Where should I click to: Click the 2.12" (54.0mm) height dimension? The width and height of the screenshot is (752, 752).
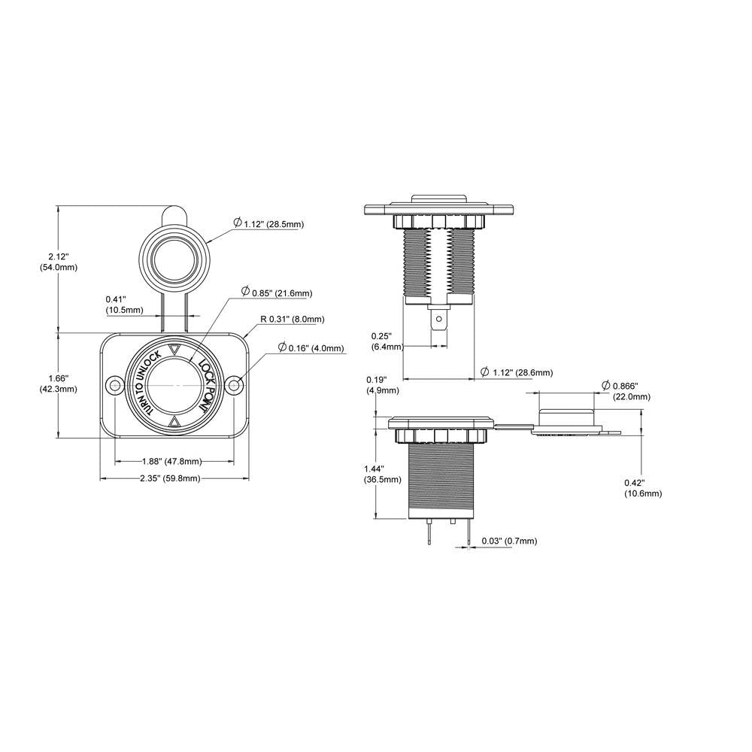click(x=58, y=262)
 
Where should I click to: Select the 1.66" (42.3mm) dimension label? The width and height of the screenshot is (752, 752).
click(x=58, y=384)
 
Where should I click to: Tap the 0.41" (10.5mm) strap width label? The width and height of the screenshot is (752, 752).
click(x=125, y=305)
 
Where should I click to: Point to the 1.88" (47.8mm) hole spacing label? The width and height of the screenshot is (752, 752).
click(x=171, y=462)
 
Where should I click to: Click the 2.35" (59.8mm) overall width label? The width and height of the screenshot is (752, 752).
click(x=170, y=478)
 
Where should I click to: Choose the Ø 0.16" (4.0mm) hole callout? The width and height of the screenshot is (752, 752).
click(x=311, y=347)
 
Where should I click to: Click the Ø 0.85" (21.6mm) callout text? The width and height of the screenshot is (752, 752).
click(x=276, y=293)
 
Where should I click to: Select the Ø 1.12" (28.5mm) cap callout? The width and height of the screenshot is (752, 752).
click(x=268, y=223)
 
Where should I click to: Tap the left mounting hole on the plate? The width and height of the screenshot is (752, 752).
click(x=115, y=385)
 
